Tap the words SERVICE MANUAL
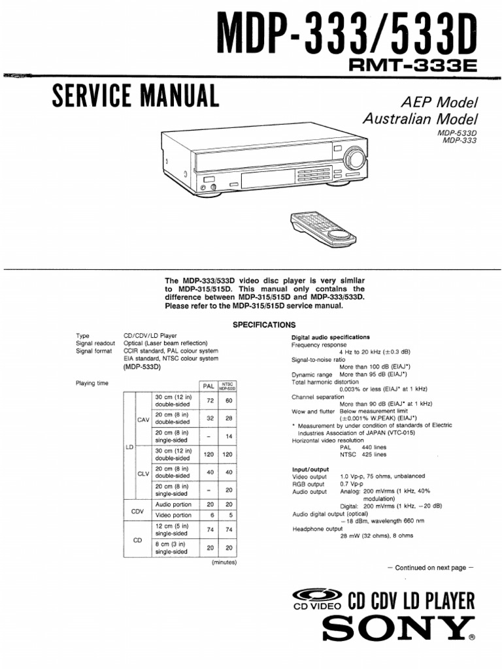(x=135, y=97)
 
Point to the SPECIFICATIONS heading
(x=264, y=325)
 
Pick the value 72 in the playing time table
(x=210, y=400)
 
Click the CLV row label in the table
(x=143, y=474)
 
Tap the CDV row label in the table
(x=137, y=511)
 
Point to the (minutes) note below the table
(x=223, y=562)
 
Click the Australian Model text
(x=420, y=119)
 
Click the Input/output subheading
(x=310, y=470)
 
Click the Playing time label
(x=92, y=383)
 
